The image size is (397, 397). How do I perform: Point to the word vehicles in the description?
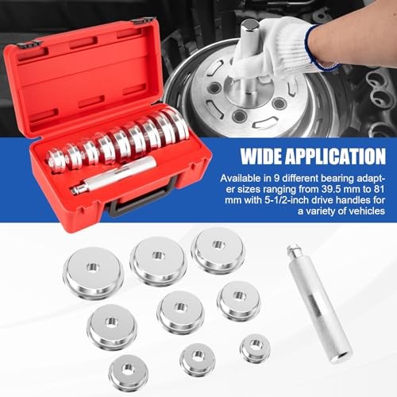click(363, 212)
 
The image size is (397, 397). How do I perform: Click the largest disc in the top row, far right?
click(218, 251)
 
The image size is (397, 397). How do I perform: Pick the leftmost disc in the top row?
click(92, 271)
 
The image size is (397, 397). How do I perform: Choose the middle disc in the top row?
click(158, 260)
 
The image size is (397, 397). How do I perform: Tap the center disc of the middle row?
click(180, 310)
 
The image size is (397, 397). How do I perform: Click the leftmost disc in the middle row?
click(112, 325)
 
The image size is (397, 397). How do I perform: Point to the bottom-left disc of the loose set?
click(129, 371)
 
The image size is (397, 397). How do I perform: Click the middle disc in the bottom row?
click(197, 359)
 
